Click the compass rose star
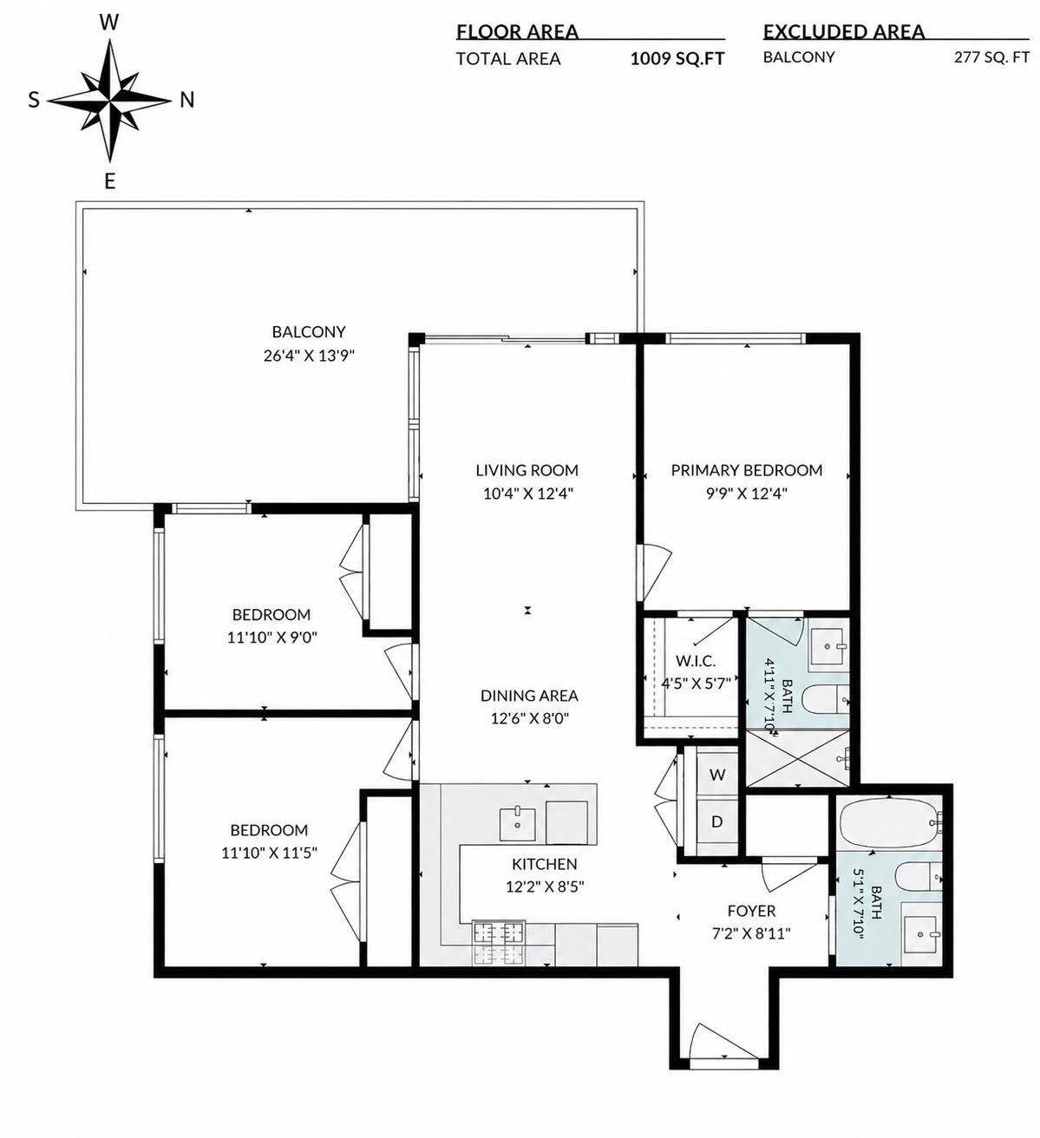(x=109, y=101)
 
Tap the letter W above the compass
(x=109, y=23)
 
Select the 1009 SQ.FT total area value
(x=677, y=59)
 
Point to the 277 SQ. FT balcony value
(x=991, y=57)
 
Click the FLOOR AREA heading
(x=517, y=32)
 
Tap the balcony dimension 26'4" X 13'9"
(x=309, y=356)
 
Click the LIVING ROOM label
(x=527, y=470)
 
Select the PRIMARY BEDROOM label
(x=746, y=470)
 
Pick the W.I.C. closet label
(x=695, y=660)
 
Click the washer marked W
(x=717, y=775)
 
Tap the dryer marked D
(x=717, y=821)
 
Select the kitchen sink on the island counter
(x=517, y=824)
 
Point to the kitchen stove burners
(x=497, y=943)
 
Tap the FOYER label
(x=750, y=911)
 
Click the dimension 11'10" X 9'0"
(x=271, y=638)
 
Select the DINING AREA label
(x=529, y=695)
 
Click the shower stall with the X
(x=796, y=758)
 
